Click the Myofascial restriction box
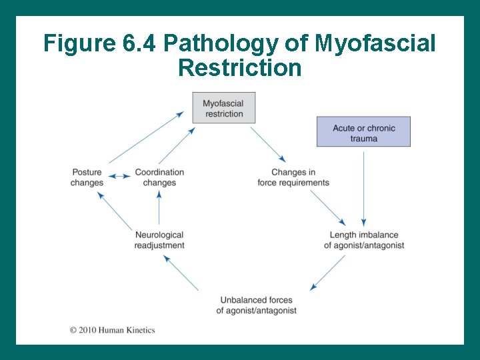point(224,108)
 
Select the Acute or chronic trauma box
point(363,133)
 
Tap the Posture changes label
point(87,177)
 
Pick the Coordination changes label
point(159,177)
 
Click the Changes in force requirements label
point(293,177)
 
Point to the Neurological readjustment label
point(159,240)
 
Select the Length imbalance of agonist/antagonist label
point(364,240)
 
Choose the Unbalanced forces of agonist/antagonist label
point(257,305)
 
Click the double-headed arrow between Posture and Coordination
point(119,176)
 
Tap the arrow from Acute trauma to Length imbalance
point(363,189)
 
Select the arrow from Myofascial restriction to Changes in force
point(268,145)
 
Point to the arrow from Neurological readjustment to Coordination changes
point(159,208)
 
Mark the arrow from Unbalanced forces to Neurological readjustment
point(181,273)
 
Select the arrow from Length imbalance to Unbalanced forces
point(328,272)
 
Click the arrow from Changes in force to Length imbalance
point(328,208)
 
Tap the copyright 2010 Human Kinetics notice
point(112,329)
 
